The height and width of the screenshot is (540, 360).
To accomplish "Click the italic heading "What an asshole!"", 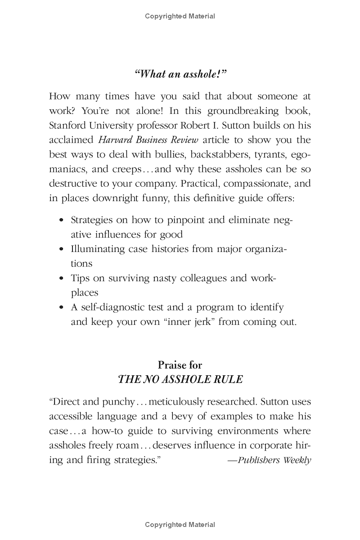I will [x=180, y=74].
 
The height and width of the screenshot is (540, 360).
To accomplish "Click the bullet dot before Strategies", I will [x=62, y=220].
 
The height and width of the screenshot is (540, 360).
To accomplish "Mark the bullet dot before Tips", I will [x=62, y=279].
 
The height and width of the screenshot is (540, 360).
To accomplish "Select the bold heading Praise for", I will [x=180, y=365].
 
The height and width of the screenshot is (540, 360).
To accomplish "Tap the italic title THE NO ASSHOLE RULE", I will [x=180, y=379].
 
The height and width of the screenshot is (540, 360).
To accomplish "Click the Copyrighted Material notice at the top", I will [x=180, y=16].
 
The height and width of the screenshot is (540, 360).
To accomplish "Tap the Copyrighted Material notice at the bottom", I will [x=180, y=525].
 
